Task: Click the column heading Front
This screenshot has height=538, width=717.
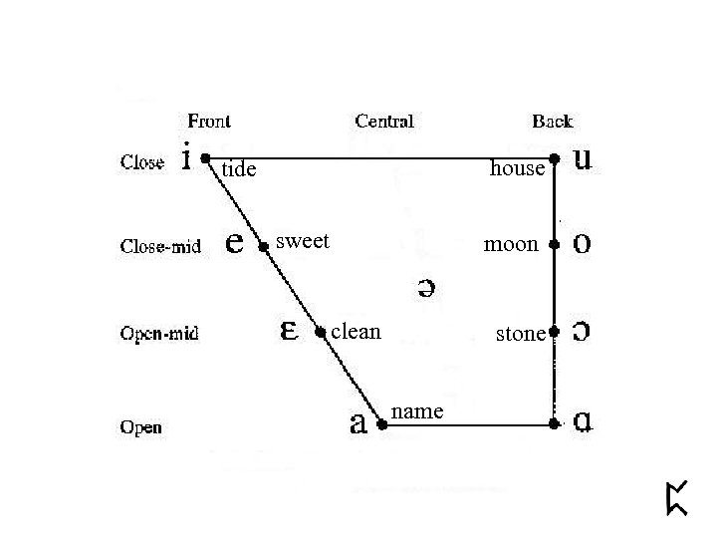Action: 209,122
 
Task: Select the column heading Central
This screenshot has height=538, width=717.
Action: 384,122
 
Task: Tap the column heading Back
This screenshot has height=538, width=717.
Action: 552,122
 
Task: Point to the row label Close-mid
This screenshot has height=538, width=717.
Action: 160,246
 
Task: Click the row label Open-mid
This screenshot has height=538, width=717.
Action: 159,333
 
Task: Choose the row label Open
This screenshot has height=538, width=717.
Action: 141,428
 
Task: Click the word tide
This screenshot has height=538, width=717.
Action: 239,170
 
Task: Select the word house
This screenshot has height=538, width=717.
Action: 518,169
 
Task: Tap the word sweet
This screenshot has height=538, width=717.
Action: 303,241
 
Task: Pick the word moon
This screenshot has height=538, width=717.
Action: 511,244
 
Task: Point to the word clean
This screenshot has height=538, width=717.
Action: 356,331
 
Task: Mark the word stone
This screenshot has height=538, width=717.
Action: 521,335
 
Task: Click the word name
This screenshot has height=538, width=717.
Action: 418,410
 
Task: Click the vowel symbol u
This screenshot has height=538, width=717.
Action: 586,159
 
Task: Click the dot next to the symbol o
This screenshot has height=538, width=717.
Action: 555,244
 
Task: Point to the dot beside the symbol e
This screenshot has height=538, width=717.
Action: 263,245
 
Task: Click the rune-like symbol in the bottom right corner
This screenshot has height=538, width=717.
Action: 677,498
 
